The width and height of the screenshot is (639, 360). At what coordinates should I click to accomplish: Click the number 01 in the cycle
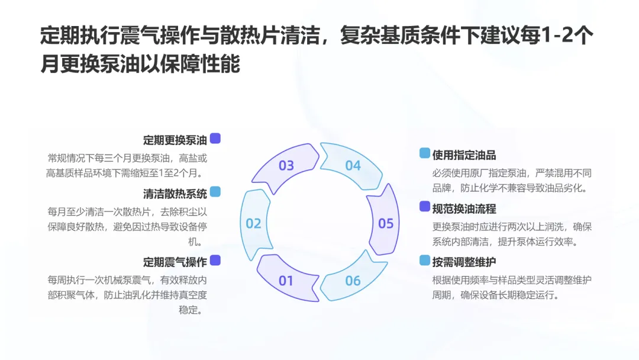click(286, 280)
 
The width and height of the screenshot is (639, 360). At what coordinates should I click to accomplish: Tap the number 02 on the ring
click(254, 223)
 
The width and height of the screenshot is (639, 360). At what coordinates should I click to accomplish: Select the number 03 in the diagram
click(286, 165)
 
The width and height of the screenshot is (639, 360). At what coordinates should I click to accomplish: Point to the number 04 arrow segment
click(353, 165)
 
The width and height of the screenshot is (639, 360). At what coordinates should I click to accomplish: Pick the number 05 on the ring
click(386, 223)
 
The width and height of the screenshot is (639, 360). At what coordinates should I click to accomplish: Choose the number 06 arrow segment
click(353, 280)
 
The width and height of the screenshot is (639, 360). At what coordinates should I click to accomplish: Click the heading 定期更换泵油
click(175, 140)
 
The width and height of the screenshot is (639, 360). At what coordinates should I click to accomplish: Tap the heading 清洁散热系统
click(175, 194)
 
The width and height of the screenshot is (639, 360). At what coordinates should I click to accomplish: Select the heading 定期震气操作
click(175, 262)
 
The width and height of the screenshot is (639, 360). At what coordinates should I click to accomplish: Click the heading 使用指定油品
click(464, 155)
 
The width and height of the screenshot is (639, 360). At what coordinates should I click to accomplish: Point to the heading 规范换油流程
click(464, 208)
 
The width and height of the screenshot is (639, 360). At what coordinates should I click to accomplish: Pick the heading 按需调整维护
click(464, 262)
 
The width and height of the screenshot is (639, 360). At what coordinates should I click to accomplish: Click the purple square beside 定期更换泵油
click(215, 139)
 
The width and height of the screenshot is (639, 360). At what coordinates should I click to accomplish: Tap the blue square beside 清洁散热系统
click(215, 192)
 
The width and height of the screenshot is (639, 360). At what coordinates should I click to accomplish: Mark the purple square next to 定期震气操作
click(215, 260)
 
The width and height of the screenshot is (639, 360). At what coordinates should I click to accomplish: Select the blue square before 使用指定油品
click(425, 153)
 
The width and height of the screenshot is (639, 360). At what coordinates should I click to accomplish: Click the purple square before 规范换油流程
click(425, 207)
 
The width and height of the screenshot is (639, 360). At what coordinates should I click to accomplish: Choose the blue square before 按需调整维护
click(425, 260)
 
